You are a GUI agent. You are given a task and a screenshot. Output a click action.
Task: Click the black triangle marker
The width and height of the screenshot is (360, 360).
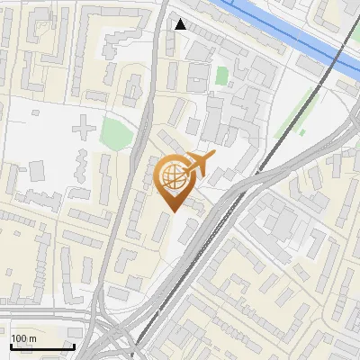[181, 24]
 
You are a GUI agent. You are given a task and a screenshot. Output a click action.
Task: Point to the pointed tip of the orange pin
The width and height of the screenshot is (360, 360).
[172, 211]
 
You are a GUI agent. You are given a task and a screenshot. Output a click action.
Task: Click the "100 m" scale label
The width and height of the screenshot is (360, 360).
[24, 338]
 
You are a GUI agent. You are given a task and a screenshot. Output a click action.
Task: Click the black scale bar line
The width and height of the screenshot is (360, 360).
[42, 346]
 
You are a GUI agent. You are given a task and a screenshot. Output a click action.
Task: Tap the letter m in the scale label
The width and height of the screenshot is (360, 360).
[33, 338]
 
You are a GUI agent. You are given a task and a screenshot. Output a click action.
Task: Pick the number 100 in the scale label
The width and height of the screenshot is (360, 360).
[20, 338]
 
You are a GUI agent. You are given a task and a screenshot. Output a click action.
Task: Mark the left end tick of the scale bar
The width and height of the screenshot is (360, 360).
[12, 345]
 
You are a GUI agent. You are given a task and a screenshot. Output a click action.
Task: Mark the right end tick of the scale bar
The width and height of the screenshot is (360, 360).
[73, 345]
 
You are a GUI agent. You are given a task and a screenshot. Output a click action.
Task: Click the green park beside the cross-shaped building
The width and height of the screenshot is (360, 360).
[117, 133]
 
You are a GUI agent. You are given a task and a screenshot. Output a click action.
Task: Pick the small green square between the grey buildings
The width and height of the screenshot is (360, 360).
[222, 76]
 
